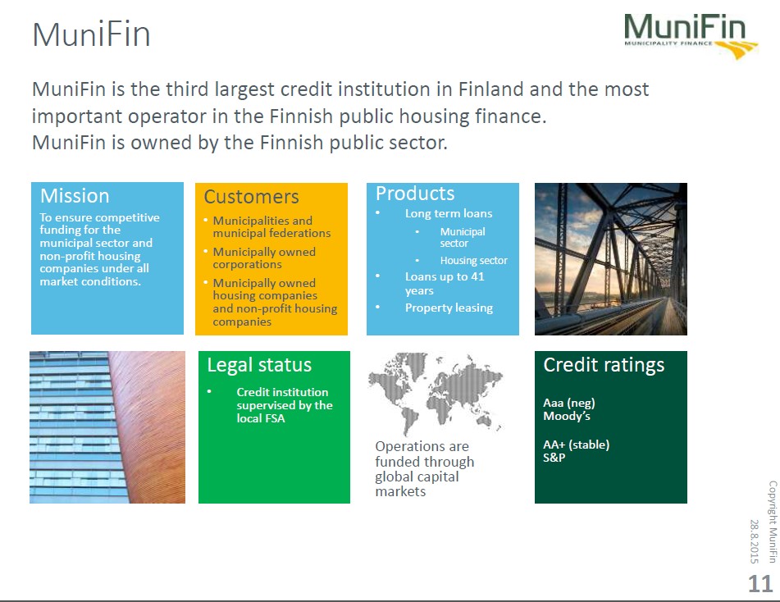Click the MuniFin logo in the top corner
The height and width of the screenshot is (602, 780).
coord(691,36)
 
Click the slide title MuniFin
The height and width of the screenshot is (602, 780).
coord(92,34)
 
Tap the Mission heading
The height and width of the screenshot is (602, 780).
coord(75,195)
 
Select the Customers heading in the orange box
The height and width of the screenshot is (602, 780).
coord(251,197)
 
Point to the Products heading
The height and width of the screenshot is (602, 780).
coord(415,193)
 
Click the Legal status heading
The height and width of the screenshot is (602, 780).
coord(259,365)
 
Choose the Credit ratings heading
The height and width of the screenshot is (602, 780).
coord(604,365)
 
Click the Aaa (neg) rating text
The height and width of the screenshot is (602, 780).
coord(569,403)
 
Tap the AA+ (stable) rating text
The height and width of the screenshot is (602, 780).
coord(576,445)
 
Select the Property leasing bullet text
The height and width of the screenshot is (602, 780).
coord(449,308)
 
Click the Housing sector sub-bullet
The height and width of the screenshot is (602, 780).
coord(473,260)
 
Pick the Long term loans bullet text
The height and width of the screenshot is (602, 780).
coord(448,213)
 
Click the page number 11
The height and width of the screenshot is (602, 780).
coord(760,583)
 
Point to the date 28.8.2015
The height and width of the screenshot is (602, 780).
coord(754,541)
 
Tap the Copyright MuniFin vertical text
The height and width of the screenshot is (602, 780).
coord(773,522)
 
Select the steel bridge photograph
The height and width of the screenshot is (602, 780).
coord(611,258)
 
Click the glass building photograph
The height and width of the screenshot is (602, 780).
coord(107,427)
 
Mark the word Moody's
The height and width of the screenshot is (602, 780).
coord(567,416)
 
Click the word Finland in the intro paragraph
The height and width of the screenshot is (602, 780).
coord(490,89)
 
